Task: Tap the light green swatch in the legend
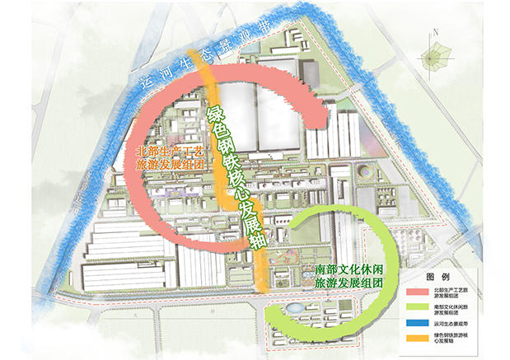pyautogui.click(x=413, y=309)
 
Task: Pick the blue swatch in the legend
pyautogui.click(x=413, y=325)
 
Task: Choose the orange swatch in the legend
pyautogui.click(x=413, y=339)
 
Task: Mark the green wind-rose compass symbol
pyautogui.click(x=436, y=58)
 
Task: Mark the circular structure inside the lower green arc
pyautogui.click(x=294, y=309)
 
